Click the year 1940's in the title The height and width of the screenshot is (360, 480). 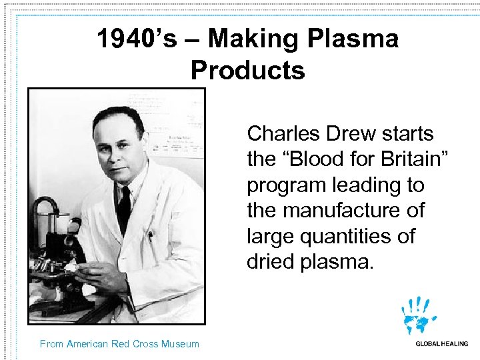coord(137,39)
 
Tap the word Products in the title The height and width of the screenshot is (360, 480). coord(247,69)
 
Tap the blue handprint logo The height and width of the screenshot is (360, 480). coord(419,315)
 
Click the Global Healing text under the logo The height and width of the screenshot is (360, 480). coord(441,344)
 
